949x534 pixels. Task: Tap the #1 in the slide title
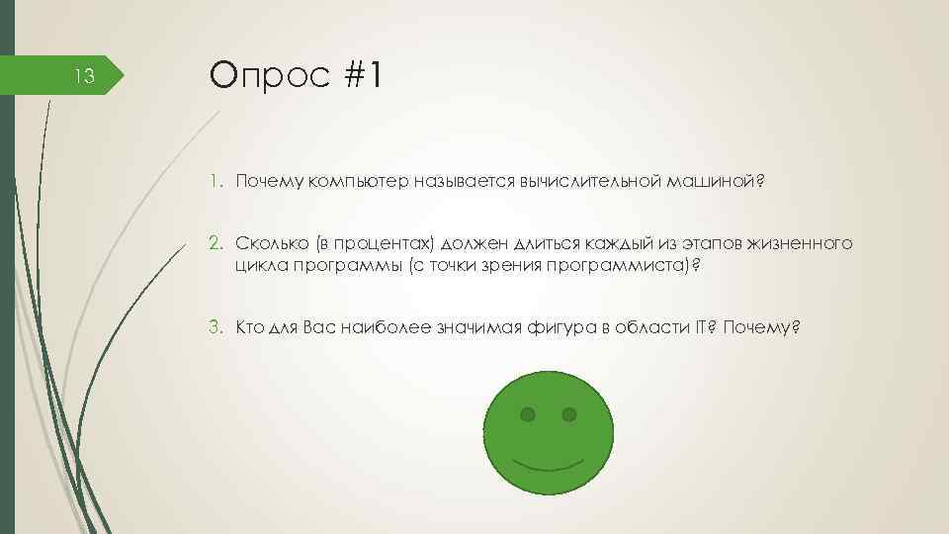coord(362,74)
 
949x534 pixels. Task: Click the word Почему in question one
coord(268,182)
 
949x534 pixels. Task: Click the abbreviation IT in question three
coord(698,327)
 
